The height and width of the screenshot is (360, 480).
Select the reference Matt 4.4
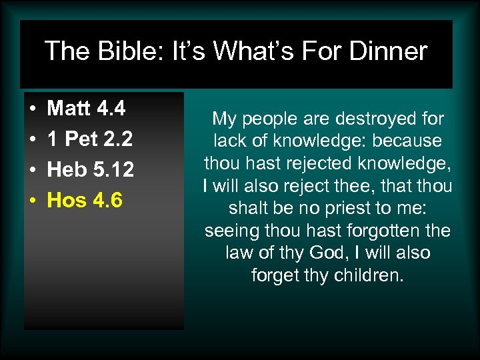[86, 108]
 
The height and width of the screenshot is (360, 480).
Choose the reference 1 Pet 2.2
[89, 139]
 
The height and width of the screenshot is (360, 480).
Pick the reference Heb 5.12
[90, 169]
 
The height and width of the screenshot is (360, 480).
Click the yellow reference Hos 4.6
[84, 200]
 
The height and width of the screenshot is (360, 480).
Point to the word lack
[228, 141]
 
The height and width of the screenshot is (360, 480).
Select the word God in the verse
[324, 253]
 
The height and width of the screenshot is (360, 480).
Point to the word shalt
[248, 209]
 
